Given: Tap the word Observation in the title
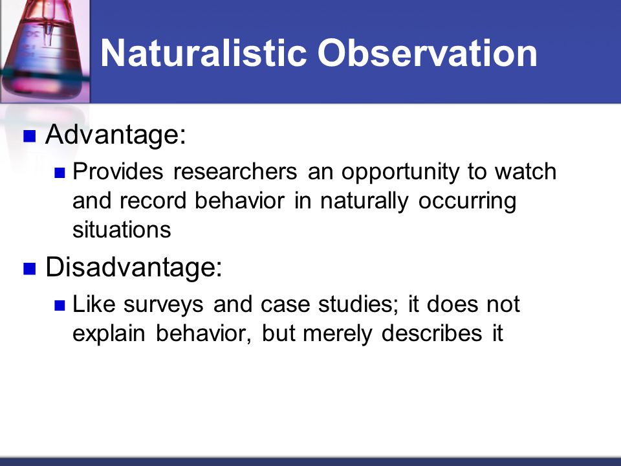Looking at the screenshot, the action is pyautogui.click(x=428, y=52).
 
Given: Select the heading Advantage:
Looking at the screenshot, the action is pyautogui.click(x=116, y=135).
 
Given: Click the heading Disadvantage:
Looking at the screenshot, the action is pyautogui.click(x=134, y=267).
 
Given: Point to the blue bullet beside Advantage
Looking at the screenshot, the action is pyautogui.click(x=30, y=136).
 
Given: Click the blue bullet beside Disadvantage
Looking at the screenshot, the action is pyautogui.click(x=30, y=268).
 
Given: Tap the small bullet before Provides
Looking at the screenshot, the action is pyautogui.click(x=60, y=173).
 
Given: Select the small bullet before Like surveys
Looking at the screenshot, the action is pyautogui.click(x=60, y=306).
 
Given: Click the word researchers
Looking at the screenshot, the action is pyautogui.click(x=235, y=171).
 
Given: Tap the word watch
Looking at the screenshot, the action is pyautogui.click(x=525, y=171).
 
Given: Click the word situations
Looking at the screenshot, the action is pyautogui.click(x=122, y=229).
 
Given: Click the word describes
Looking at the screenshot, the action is pyautogui.click(x=431, y=333).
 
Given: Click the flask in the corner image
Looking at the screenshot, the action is pyautogui.click(x=45, y=50).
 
